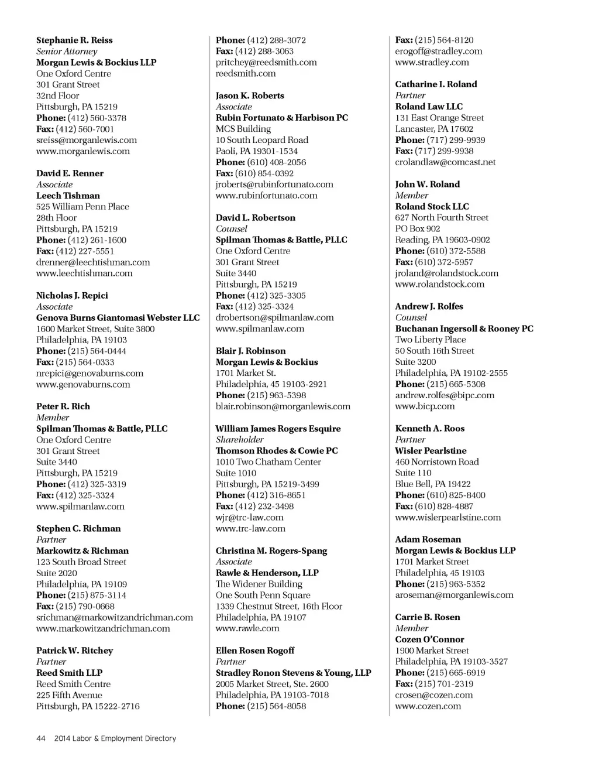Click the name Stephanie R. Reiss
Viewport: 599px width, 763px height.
click(74, 40)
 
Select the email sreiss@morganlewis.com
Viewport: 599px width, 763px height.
click(87, 140)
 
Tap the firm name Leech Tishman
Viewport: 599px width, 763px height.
click(68, 196)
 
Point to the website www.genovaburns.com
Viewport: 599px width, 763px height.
click(83, 384)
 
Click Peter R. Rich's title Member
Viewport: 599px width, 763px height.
click(53, 418)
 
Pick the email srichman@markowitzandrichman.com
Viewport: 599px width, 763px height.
click(115, 617)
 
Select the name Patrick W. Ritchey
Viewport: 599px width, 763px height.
click(74, 651)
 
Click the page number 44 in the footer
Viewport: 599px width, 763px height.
click(41, 738)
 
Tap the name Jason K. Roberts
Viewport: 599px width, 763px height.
click(250, 95)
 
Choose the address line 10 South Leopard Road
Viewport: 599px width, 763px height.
click(261, 140)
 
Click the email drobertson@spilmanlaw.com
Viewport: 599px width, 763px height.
click(274, 317)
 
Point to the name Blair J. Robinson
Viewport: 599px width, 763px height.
click(250, 351)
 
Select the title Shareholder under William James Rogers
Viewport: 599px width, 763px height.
click(239, 440)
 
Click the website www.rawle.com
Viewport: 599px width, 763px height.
click(247, 628)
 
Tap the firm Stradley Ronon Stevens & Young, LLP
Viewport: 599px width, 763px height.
click(293, 673)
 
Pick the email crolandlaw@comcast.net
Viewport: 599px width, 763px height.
click(445, 162)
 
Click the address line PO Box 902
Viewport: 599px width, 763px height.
click(417, 229)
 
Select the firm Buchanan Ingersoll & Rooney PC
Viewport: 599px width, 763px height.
click(464, 329)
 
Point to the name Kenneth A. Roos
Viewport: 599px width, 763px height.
click(429, 429)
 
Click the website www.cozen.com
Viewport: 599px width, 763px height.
click(428, 706)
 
